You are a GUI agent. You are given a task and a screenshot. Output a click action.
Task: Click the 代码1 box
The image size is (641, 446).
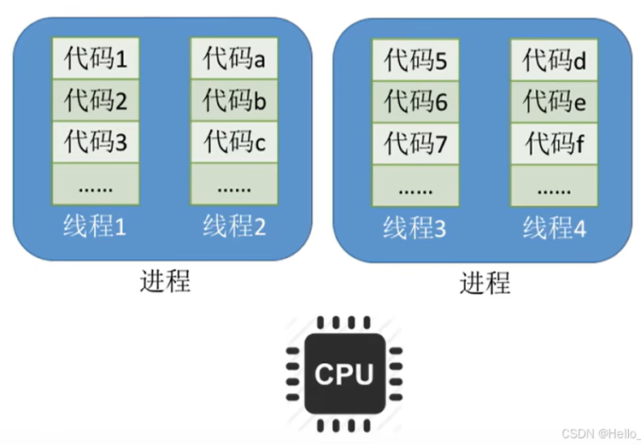click(x=96, y=59)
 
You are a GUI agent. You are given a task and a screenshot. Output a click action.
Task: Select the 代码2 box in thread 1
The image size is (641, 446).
click(x=96, y=101)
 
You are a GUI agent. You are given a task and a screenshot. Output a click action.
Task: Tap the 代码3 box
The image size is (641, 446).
click(x=96, y=143)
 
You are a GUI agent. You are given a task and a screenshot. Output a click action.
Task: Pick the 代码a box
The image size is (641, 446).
click(x=233, y=59)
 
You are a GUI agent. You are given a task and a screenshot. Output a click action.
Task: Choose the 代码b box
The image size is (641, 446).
click(x=233, y=101)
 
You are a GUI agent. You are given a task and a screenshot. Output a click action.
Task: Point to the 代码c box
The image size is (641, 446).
click(x=233, y=143)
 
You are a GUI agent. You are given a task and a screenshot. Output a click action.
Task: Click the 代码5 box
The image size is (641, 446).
click(x=415, y=61)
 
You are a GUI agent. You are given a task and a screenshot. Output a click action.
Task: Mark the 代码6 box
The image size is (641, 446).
click(x=415, y=102)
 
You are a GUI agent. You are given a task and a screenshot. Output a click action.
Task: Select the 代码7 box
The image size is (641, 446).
click(x=415, y=144)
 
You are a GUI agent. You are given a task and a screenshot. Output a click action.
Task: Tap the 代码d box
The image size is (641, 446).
click(x=554, y=61)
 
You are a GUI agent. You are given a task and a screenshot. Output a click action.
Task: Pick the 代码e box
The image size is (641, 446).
click(x=554, y=102)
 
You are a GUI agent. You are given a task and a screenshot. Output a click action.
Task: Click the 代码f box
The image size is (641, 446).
click(x=554, y=144)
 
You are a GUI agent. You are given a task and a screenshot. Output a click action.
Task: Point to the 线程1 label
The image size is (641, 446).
click(x=95, y=226)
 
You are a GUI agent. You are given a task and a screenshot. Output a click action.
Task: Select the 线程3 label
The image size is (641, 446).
click(x=415, y=228)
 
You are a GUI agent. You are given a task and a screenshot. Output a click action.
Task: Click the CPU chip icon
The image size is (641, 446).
click(x=344, y=373)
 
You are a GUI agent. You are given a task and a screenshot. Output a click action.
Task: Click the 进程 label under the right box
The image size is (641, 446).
click(x=485, y=282)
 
